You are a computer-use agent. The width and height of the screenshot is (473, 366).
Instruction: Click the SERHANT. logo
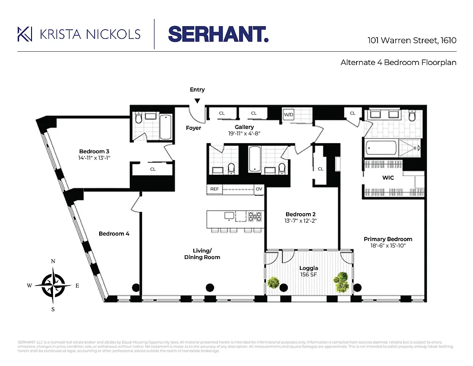pos(218,34)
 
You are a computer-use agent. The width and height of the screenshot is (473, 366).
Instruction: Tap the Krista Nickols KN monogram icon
pos(24,34)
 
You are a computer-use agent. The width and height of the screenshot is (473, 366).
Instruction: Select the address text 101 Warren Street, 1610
pos(412,40)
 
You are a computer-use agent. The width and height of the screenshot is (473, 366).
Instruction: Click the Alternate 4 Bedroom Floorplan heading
pos(398,63)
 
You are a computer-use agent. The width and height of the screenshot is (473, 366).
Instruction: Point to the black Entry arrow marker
pos(197,101)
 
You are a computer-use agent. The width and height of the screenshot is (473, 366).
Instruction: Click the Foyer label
pos(193,128)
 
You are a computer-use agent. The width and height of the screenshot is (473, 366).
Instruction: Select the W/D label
pos(288,114)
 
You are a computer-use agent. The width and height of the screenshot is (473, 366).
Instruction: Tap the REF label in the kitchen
pos(214,189)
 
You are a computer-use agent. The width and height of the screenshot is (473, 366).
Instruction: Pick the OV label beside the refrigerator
pos(259,189)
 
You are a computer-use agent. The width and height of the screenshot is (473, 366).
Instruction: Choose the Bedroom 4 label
pos(114,234)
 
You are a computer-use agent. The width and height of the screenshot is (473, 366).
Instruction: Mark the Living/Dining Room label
pos(202,254)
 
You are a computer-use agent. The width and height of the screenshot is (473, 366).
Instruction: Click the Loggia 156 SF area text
pos(308,272)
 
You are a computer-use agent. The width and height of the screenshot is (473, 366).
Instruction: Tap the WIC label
pos(388,178)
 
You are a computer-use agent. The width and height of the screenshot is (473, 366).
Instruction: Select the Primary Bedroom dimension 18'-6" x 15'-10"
pos(388,246)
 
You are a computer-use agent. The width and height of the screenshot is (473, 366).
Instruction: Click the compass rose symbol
pos(53,285)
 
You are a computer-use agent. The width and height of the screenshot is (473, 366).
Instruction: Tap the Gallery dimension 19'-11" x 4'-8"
pos(244,134)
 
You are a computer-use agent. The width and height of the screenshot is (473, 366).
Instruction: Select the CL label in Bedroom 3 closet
pos(153,169)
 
